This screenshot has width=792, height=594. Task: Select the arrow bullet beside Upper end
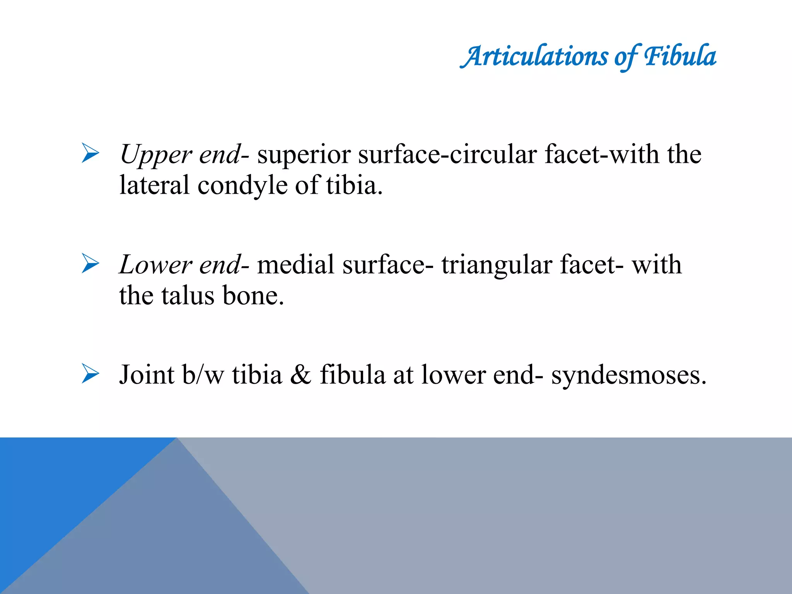point(90,153)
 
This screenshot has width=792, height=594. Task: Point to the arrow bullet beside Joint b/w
point(90,374)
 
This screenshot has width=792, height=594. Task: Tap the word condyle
point(242,186)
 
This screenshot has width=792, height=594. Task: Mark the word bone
point(253,296)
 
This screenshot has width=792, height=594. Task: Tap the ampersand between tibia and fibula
point(300,374)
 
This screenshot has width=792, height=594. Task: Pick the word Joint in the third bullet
point(147,374)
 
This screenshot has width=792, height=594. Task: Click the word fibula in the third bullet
point(352,374)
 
